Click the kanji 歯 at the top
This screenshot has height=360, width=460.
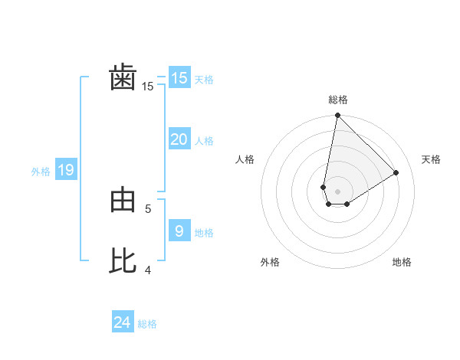(x=123, y=79)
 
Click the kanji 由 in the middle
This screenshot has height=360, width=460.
(x=123, y=201)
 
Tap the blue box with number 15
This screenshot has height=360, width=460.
(x=179, y=78)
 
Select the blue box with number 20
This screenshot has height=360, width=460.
(x=179, y=139)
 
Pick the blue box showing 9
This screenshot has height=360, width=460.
(x=179, y=231)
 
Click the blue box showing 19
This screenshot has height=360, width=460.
(x=66, y=170)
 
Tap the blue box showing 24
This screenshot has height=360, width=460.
(x=122, y=322)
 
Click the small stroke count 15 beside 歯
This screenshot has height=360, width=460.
(x=148, y=87)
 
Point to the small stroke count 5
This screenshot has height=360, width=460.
(x=148, y=208)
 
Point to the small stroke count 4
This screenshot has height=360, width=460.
(x=148, y=270)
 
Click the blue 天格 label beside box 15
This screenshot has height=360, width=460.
(x=204, y=80)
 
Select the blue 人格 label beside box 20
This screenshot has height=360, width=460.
(x=204, y=141)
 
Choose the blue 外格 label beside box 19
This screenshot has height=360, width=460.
(x=41, y=172)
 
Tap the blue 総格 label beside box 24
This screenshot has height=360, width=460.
(x=147, y=324)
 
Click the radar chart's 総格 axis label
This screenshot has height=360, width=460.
(x=338, y=100)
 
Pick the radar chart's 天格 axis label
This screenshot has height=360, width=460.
(x=431, y=159)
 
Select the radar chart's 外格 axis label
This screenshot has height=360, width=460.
(x=270, y=262)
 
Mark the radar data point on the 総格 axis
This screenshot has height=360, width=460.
(x=337, y=116)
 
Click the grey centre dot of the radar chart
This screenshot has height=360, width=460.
(x=337, y=191)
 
